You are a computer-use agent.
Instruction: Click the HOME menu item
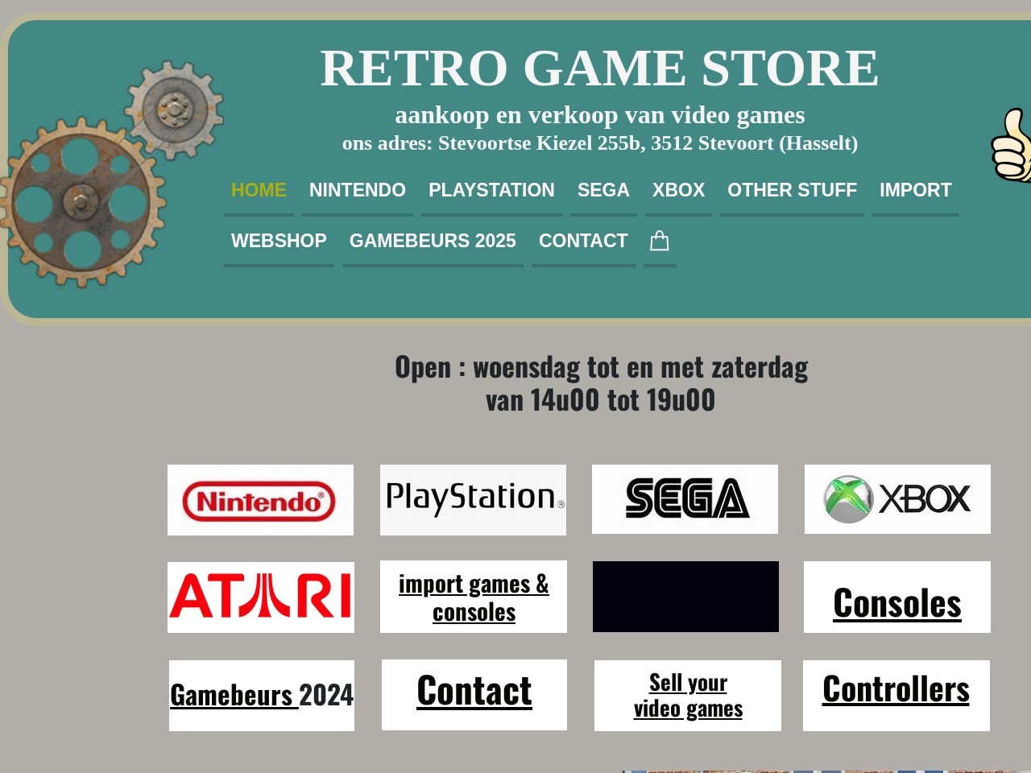pyautogui.click(x=259, y=190)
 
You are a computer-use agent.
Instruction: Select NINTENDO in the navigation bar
pyautogui.click(x=357, y=190)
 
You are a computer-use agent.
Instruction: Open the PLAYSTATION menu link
pyautogui.click(x=491, y=190)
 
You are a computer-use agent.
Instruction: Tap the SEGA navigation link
pyautogui.click(x=602, y=190)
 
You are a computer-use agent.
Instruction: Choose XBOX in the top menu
pyautogui.click(x=678, y=190)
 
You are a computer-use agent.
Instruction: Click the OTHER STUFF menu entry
pyautogui.click(x=792, y=190)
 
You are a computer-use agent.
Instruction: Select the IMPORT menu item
pyautogui.click(x=915, y=190)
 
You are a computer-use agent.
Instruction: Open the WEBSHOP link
pyautogui.click(x=279, y=241)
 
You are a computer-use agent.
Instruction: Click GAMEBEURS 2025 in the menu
pyautogui.click(x=433, y=241)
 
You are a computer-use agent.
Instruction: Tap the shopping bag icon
pyautogui.click(x=660, y=241)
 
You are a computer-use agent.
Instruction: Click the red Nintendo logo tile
pyautogui.click(x=259, y=501)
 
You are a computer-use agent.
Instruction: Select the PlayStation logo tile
pyautogui.click(x=473, y=499)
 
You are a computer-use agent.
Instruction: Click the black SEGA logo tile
pyautogui.click(x=685, y=498)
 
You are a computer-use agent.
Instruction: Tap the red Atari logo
pyautogui.click(x=260, y=597)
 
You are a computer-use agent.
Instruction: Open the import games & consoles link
pyautogui.click(x=474, y=597)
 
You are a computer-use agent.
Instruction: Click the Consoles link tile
pyautogui.click(x=896, y=603)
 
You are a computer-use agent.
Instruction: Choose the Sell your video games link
pyautogui.click(x=688, y=696)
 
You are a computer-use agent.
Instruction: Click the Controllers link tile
pyautogui.click(x=896, y=689)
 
